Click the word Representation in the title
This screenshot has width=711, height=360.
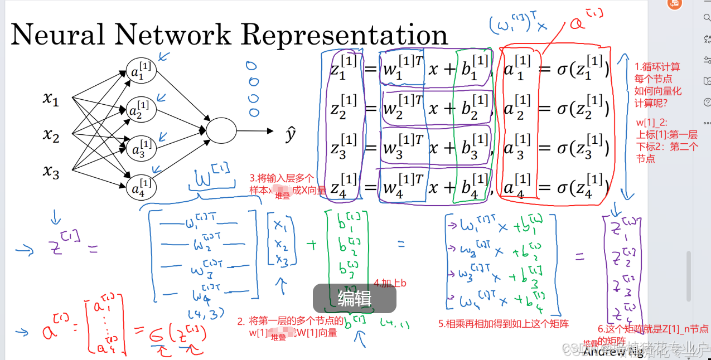[x=345, y=35]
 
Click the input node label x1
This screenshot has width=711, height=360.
[x=51, y=100]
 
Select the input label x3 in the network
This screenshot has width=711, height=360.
[x=51, y=173]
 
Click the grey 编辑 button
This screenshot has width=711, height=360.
[x=354, y=299]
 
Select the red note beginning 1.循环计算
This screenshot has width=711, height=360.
[x=658, y=84]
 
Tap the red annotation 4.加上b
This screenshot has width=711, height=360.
[x=390, y=283]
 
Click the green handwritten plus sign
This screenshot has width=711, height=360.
[x=312, y=244]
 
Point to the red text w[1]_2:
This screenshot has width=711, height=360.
[x=651, y=123]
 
